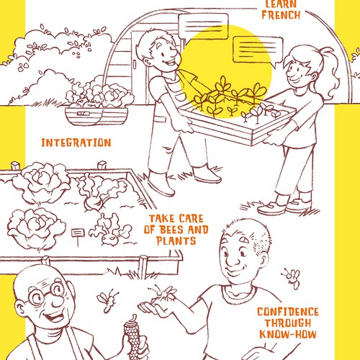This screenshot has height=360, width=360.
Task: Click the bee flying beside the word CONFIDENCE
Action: pos(292,276)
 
